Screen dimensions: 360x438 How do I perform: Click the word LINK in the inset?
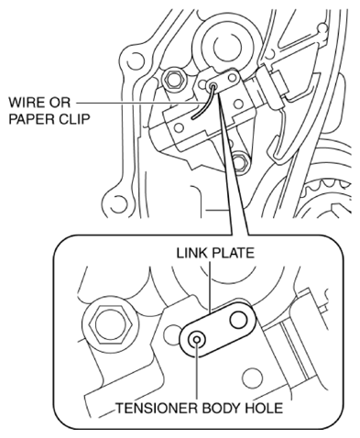point(189,253)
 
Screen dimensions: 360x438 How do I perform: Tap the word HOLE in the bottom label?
point(265,408)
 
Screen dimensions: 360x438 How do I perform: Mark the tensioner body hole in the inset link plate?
point(197,340)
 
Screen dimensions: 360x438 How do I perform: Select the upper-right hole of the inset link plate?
point(238,320)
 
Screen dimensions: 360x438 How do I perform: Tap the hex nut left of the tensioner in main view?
point(174,79)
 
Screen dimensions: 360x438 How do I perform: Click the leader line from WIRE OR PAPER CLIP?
point(138,103)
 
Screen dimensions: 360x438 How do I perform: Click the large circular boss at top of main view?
point(226,46)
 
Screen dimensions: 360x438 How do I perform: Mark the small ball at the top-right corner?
point(322,28)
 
